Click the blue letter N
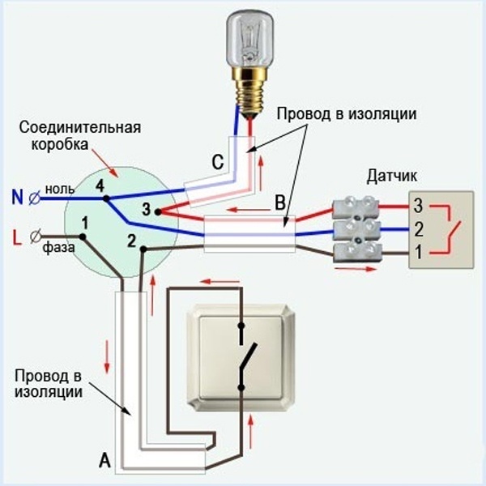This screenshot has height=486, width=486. tap(17, 195)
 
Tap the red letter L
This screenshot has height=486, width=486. tap(17, 238)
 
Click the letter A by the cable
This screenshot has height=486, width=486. tap(104, 462)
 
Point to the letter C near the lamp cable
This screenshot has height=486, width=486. tap(217, 162)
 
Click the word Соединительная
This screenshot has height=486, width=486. tap(81, 128)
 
